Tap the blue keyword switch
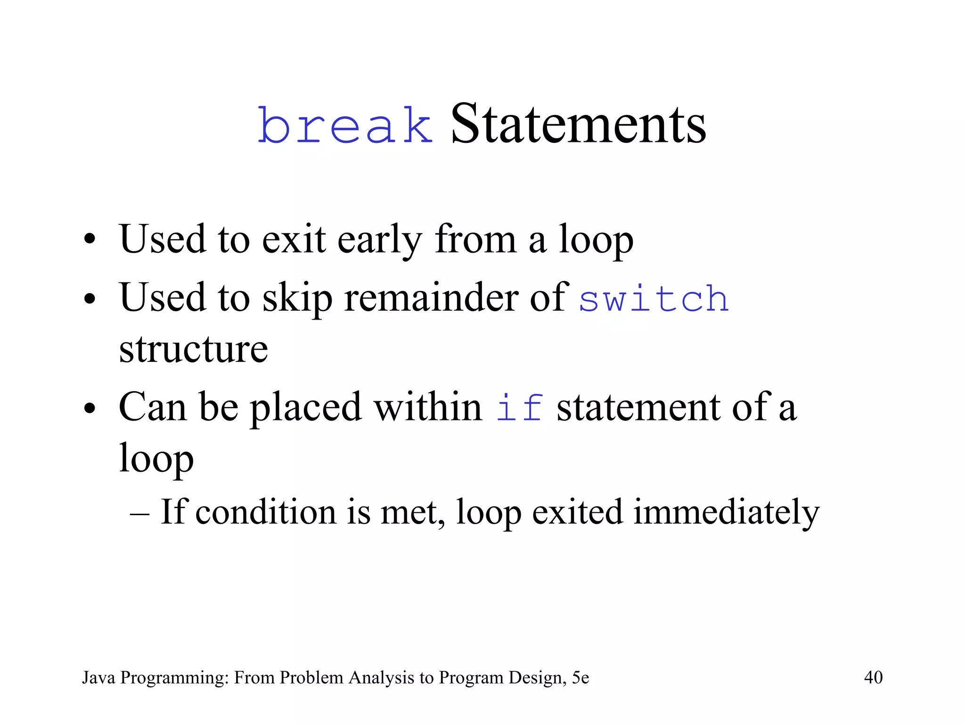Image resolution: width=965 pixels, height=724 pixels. click(x=654, y=299)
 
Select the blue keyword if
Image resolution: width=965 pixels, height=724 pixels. click(x=519, y=408)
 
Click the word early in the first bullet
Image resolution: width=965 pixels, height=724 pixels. click(x=379, y=240)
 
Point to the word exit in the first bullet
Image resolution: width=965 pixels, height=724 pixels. click(x=293, y=239)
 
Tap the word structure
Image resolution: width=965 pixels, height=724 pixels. click(x=193, y=350)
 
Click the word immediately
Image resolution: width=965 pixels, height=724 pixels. click(x=726, y=513)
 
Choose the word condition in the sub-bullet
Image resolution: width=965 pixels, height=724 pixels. click(x=265, y=512)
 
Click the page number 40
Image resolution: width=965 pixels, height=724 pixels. click(x=873, y=677)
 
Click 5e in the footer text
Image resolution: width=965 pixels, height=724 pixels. click(x=581, y=677)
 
